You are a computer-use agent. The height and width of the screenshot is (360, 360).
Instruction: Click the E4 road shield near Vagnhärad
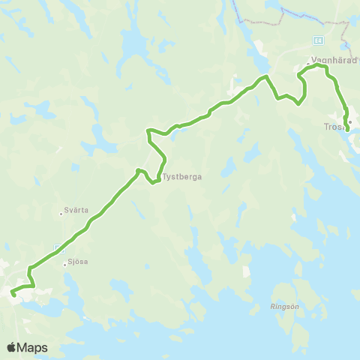click(319, 39)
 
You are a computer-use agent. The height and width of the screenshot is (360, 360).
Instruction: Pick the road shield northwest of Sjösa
click(58, 247)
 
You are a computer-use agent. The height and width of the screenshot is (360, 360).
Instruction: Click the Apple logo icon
click(12, 347)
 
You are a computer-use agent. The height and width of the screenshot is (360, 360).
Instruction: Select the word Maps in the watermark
click(33, 347)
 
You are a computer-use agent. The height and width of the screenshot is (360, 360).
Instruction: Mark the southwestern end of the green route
click(14, 295)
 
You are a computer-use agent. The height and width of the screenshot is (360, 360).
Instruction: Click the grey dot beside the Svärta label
click(61, 213)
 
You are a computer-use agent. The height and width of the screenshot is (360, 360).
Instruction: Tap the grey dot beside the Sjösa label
click(65, 263)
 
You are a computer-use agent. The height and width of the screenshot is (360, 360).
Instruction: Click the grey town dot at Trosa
click(349, 121)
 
